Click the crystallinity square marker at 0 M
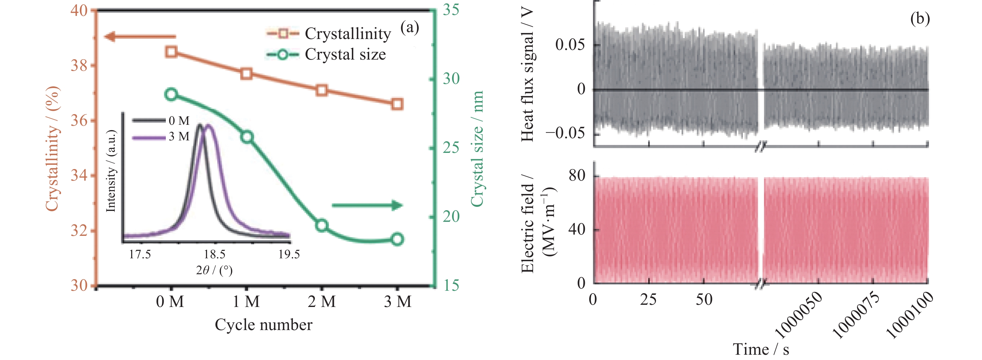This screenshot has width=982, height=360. (171, 51)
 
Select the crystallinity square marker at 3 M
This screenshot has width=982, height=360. (397, 104)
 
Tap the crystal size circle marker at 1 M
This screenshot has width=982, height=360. (247, 137)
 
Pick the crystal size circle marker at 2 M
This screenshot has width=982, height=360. (322, 225)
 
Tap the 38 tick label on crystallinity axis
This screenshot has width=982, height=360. (79, 66)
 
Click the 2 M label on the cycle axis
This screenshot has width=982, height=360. (322, 302)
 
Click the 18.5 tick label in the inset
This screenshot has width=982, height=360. (214, 254)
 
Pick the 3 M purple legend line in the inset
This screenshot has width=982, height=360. (149, 137)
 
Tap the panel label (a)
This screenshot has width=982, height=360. (410, 27)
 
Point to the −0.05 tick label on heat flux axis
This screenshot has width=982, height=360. (565, 134)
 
